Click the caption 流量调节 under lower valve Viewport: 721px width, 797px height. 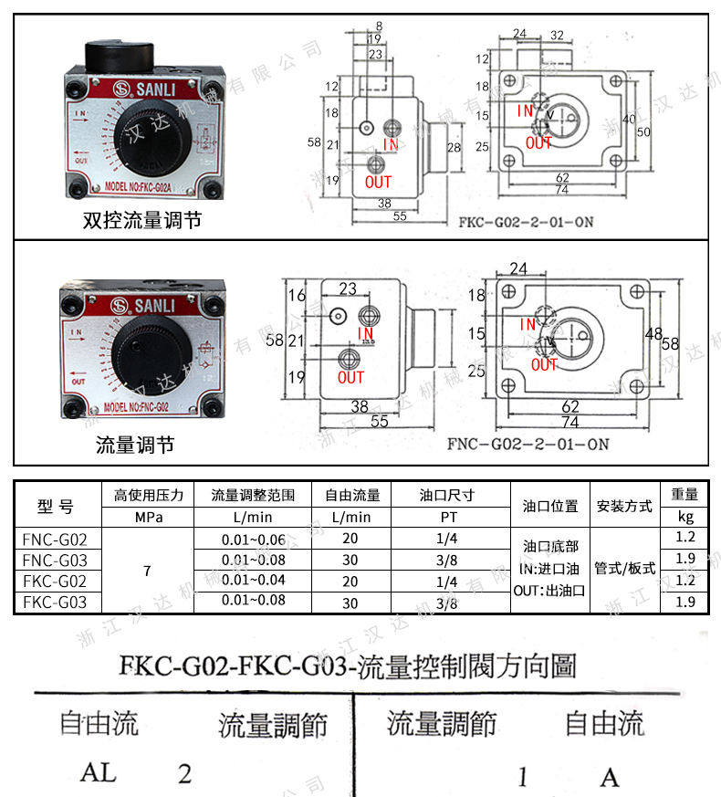pos(134,445)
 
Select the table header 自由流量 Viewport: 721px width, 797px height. pos(352,496)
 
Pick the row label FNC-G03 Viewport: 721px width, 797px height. pos(55,560)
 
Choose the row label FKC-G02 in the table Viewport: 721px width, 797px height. pos(55,581)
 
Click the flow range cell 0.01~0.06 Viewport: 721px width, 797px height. pos(253,539)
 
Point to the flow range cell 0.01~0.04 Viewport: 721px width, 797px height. pos(253,581)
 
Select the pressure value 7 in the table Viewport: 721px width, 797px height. pos(147,571)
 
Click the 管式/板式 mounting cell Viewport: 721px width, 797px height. pos(624,568)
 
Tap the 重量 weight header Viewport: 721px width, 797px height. pos(684,495)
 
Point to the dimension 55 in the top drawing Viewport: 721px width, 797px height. pos(399,217)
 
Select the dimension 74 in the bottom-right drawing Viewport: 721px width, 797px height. pos(569,423)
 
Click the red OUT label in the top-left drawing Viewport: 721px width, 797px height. pos(377,182)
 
